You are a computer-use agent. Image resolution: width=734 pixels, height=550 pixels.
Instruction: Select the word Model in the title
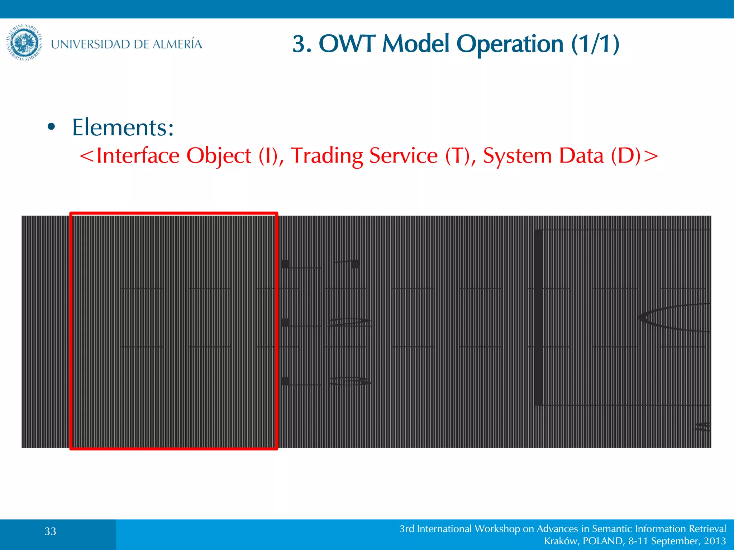[x=415, y=44]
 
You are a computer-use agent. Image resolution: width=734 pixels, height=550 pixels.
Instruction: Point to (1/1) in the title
[x=595, y=44]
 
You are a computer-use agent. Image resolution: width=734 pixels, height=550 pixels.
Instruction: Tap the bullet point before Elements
[x=51, y=127]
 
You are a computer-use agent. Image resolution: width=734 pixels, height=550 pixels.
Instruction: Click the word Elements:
[x=123, y=127]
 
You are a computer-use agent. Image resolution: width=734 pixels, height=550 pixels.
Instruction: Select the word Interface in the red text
[x=138, y=156]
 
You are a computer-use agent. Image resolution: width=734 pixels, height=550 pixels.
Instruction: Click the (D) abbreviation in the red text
[x=625, y=156]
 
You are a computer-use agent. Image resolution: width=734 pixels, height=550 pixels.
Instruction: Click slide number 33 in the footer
[x=51, y=531]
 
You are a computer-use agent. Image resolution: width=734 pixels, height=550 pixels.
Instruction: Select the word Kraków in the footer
[x=561, y=541]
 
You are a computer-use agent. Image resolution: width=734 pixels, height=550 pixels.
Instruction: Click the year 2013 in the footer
[x=715, y=541]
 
